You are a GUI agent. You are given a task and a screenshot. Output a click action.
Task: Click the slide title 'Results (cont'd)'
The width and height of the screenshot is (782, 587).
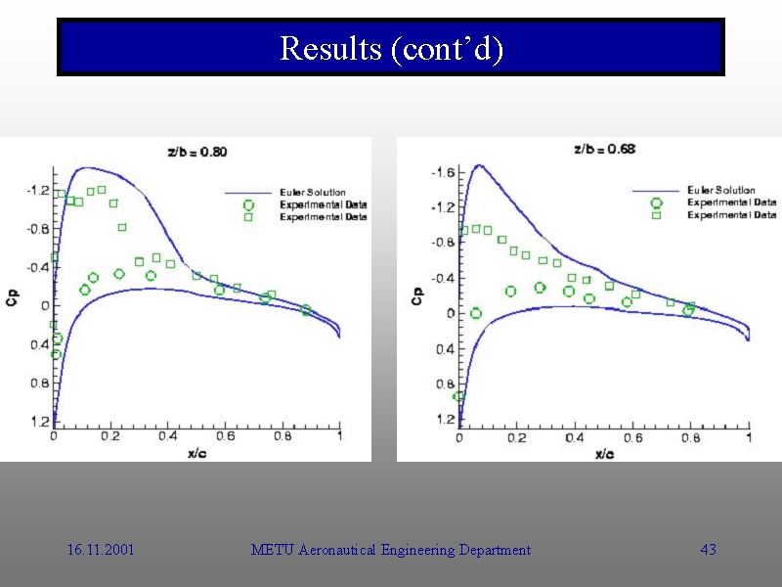coord(391,47)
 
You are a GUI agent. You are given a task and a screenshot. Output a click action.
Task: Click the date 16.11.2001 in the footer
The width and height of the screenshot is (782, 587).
coord(101,550)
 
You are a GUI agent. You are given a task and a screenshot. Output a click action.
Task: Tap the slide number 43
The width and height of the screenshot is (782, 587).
coord(709,550)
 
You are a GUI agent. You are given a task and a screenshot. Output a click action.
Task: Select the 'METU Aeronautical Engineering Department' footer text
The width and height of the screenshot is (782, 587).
coord(391,550)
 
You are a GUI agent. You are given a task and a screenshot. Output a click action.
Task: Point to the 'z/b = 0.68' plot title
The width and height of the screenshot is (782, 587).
coord(604,149)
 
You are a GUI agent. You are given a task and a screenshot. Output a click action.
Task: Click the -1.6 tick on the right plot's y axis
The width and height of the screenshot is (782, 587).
coord(442,172)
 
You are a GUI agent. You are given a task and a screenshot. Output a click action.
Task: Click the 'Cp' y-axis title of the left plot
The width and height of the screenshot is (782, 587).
coord(12,300)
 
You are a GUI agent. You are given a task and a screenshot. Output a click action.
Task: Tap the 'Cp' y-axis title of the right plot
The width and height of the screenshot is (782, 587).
coord(417,295)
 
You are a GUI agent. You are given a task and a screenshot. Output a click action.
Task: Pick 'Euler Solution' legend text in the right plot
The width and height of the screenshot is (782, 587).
coord(721,190)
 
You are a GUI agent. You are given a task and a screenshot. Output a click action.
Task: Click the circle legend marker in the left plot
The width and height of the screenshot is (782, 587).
coord(248,205)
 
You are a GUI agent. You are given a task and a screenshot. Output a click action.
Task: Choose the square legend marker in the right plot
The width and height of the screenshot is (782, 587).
coord(656,215)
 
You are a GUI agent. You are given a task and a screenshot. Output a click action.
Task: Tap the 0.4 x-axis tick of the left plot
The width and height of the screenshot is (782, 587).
coord(167,436)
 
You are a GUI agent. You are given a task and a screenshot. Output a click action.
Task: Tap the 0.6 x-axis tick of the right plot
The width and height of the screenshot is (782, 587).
coord(633,437)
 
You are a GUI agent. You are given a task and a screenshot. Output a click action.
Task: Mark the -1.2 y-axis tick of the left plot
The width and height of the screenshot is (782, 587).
coord(37,190)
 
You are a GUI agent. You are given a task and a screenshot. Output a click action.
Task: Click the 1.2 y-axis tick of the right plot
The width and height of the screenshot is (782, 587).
coord(445,420)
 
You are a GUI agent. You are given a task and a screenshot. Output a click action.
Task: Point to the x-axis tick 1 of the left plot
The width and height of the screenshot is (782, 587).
coord(339,436)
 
